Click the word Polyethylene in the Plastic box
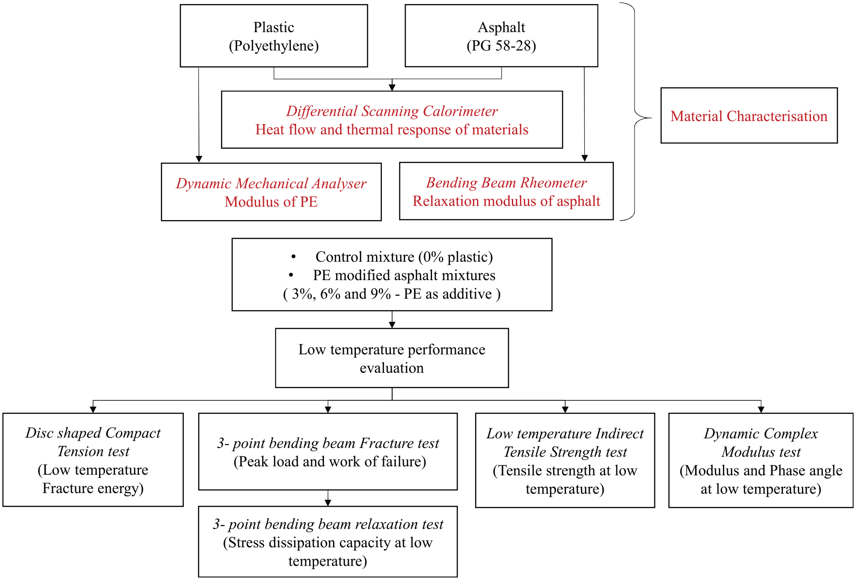274,46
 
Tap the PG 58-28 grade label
501,46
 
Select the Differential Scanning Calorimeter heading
392,111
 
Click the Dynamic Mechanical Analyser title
271,183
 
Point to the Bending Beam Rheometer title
506,182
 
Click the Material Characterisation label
749,116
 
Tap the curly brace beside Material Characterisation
635,112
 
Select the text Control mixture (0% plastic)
404,257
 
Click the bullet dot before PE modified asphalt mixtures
291,275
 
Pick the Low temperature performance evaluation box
392,358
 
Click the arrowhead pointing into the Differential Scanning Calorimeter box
392,87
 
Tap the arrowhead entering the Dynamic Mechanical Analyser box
199,159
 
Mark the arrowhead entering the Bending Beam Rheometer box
584,158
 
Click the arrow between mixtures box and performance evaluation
392,320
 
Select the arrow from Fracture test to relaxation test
328,498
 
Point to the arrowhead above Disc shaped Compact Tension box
93,410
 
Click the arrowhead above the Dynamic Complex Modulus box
761,410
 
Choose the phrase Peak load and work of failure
330,462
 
